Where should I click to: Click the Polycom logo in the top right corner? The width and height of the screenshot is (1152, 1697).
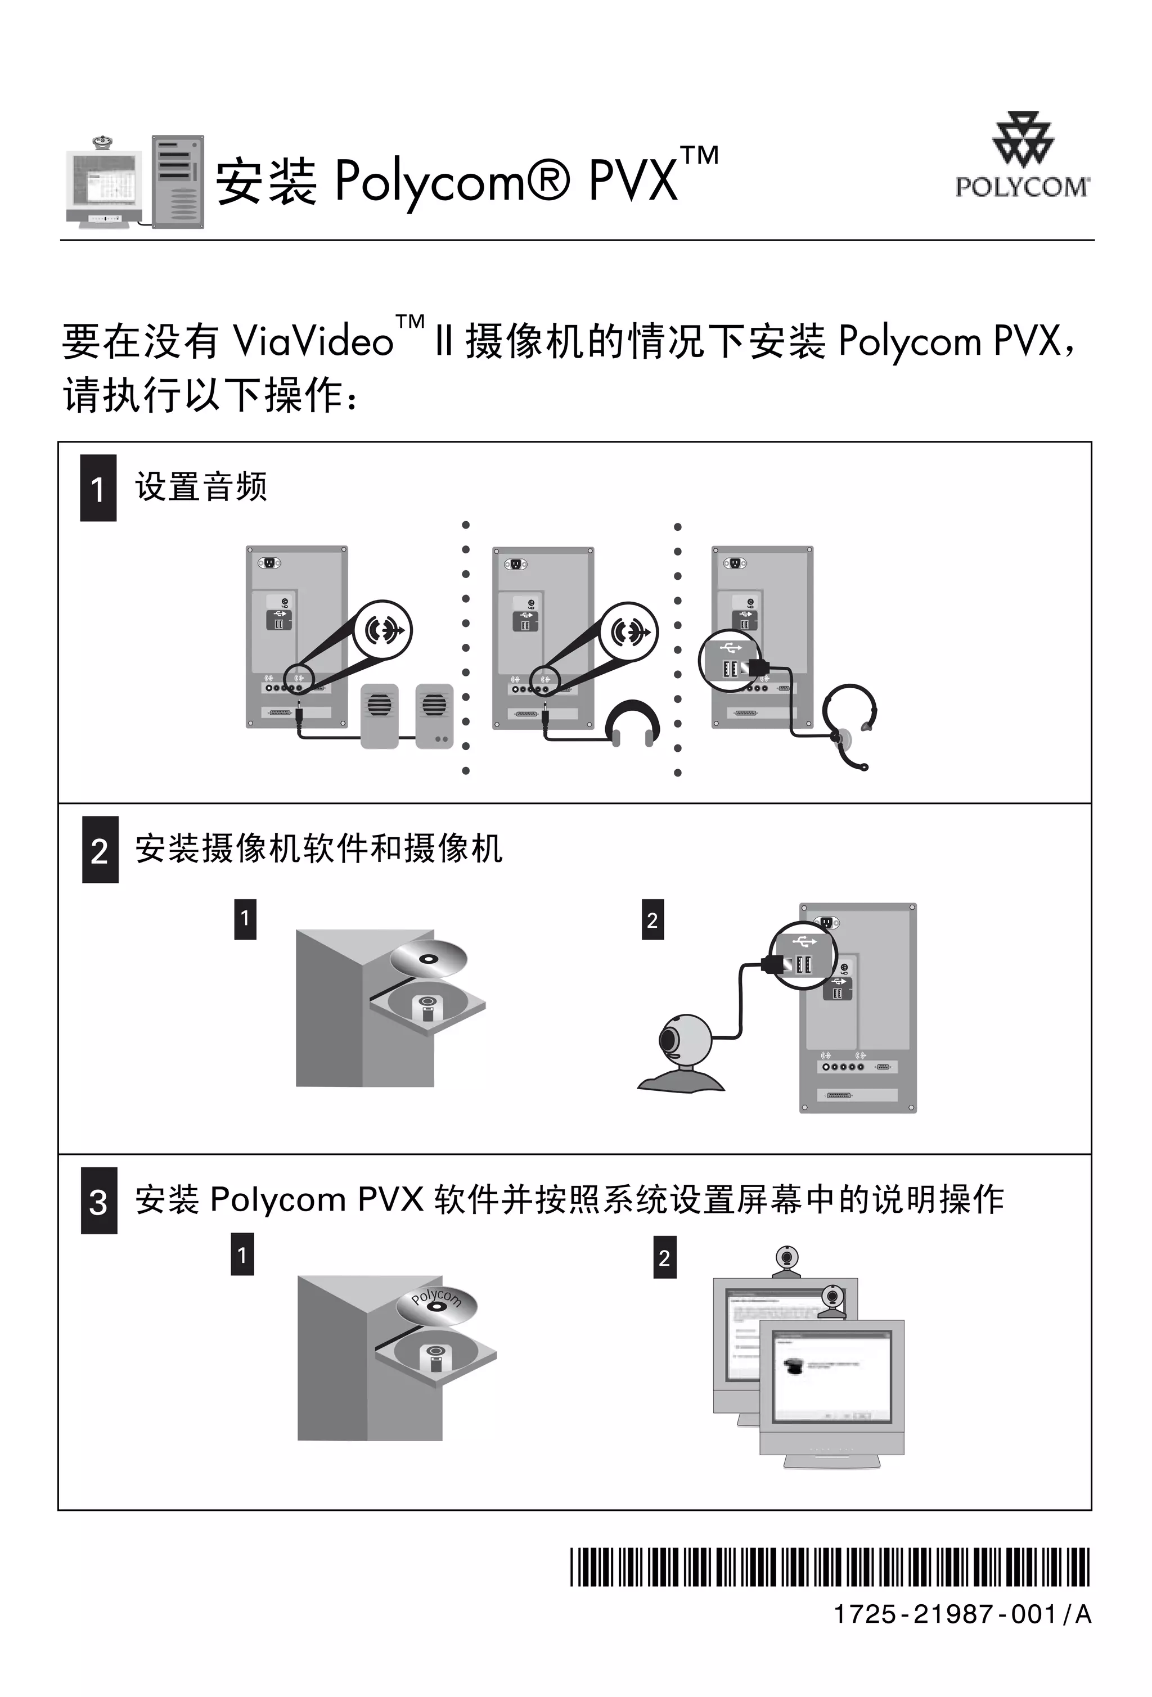(x=1021, y=156)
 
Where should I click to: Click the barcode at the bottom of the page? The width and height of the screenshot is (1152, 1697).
(x=829, y=1567)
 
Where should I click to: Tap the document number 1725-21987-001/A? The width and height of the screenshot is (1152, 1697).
(x=962, y=1614)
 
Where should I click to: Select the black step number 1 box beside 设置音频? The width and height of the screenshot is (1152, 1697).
(x=98, y=488)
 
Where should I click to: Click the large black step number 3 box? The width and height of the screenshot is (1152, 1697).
(x=98, y=1200)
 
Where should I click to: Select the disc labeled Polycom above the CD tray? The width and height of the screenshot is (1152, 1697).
(x=435, y=1304)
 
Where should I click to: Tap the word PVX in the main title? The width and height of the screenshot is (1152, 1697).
(x=633, y=181)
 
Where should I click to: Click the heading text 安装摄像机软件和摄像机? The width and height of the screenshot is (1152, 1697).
(x=318, y=848)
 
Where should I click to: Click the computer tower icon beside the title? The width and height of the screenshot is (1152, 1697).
(x=178, y=182)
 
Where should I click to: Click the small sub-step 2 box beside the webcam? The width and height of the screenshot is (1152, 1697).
(x=652, y=919)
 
